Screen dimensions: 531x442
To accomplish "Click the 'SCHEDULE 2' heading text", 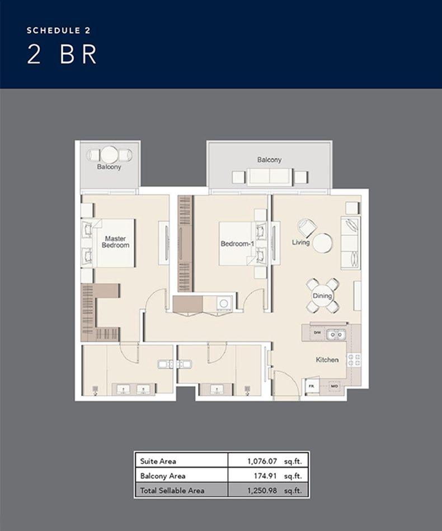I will (x=59, y=31).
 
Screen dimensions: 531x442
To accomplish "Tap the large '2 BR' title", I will (x=62, y=54).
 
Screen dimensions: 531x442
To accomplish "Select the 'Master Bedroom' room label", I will (x=115, y=242).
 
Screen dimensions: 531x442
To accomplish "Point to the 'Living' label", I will (x=300, y=243).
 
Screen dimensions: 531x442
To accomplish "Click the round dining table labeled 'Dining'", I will (x=322, y=295).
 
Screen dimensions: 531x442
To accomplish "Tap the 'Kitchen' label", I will (x=327, y=359).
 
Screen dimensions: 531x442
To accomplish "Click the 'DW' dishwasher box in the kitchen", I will (x=317, y=333).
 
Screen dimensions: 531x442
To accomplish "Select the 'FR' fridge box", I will (x=312, y=386).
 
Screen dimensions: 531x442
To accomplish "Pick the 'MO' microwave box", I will (x=334, y=386).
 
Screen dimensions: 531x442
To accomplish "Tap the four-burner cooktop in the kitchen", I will (x=354, y=360).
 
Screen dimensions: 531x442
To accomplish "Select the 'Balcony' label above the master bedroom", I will (x=109, y=167).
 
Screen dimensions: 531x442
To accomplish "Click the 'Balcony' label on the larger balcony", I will (x=269, y=160).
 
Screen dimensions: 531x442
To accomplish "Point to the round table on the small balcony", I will (x=110, y=154).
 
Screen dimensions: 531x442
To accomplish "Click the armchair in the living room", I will (x=307, y=227).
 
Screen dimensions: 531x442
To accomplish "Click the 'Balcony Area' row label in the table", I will (x=162, y=476).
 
